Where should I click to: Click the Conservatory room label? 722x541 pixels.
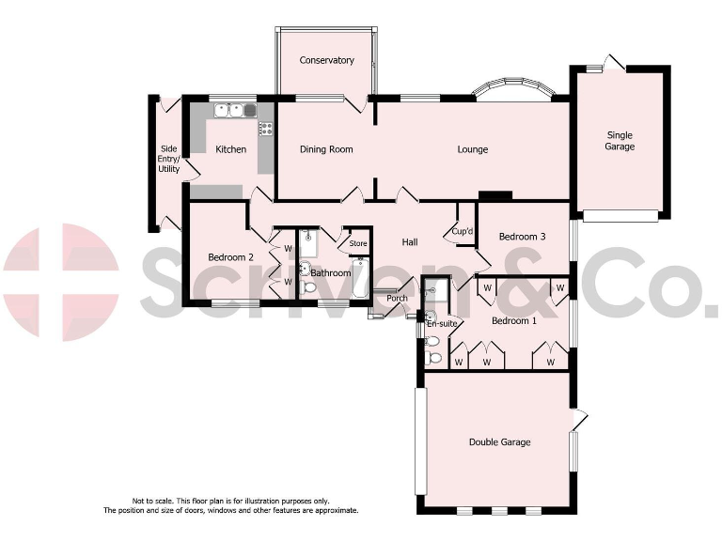(327, 61)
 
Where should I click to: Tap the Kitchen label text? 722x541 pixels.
(231, 149)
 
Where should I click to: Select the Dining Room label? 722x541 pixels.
(326, 149)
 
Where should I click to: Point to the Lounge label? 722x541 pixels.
(472, 149)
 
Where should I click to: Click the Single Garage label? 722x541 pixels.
(620, 140)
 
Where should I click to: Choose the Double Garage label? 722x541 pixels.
(500, 442)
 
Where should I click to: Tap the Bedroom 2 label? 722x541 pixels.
(230, 257)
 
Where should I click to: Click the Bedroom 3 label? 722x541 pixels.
(522, 237)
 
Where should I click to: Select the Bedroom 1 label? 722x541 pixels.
(515, 321)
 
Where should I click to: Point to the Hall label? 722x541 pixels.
(410, 242)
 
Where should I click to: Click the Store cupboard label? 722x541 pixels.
(358, 244)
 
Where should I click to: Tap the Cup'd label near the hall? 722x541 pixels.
(462, 231)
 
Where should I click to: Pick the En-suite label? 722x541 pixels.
(441, 323)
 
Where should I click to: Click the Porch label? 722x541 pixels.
(398, 299)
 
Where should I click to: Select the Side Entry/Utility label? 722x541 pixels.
(169, 159)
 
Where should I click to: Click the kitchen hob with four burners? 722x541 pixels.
(266, 130)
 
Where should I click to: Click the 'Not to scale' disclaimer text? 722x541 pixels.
(230, 505)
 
